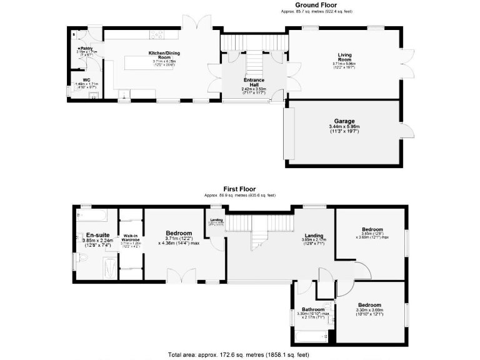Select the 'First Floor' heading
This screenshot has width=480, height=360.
[241, 188]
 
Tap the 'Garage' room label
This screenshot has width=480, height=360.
[344, 121]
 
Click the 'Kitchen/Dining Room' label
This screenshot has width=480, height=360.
[162, 54]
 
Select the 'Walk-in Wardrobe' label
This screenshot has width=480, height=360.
[130, 237]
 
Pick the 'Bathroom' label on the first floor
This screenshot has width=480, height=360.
[312, 309]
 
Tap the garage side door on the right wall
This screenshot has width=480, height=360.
[404, 132]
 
